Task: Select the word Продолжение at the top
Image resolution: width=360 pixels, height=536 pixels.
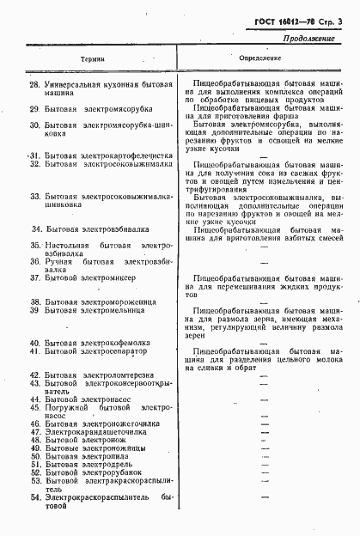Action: coord(320,37)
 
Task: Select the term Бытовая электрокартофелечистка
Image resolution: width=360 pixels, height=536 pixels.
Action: coord(107,156)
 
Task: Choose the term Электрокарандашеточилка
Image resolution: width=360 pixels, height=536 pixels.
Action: coord(95,431)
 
